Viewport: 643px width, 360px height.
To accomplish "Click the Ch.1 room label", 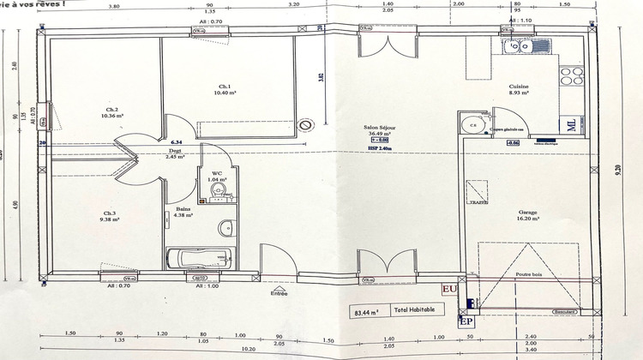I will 223,87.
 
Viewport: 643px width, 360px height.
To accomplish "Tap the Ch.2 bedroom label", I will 111,111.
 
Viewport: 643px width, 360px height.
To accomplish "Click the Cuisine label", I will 520,87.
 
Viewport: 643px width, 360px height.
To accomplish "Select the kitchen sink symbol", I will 516,48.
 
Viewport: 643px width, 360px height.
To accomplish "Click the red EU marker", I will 448,290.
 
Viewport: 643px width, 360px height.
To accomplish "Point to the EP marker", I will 466,321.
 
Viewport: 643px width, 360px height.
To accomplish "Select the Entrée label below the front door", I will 279,294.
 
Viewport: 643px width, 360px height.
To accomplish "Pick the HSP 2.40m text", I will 380,148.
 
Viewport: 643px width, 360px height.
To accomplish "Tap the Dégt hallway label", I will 175,151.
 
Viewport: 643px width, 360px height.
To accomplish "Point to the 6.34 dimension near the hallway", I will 177,141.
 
